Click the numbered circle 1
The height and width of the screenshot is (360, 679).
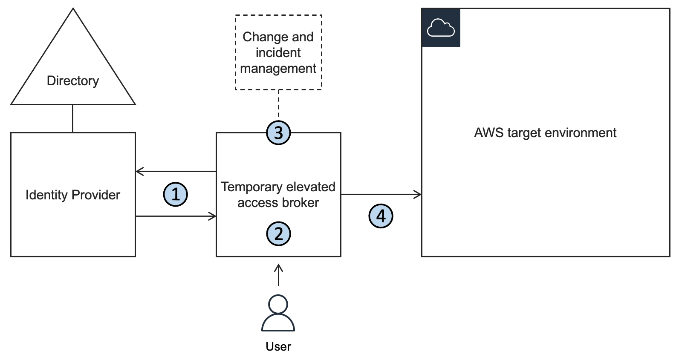coord(176,194)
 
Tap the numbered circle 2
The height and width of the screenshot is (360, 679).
coord(278,233)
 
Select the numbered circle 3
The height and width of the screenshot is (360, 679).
coord(278,132)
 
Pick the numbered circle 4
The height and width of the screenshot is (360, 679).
coord(381,216)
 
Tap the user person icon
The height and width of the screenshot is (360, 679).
coord(278,313)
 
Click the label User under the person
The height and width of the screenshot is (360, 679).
coord(278,346)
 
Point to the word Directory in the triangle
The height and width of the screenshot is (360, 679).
coord(73,81)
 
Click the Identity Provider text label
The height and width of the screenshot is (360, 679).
coord(73,195)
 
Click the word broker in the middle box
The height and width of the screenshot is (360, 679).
coord(302,202)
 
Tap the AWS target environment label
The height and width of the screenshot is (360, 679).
coord(545,132)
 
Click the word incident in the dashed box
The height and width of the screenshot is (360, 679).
coord(278,52)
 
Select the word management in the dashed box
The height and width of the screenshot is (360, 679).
coord(278,68)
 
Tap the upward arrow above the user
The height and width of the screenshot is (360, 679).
coord(278,275)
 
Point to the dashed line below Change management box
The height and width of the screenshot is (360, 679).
coord(278,104)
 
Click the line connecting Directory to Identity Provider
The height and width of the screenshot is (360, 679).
coord(73,118)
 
